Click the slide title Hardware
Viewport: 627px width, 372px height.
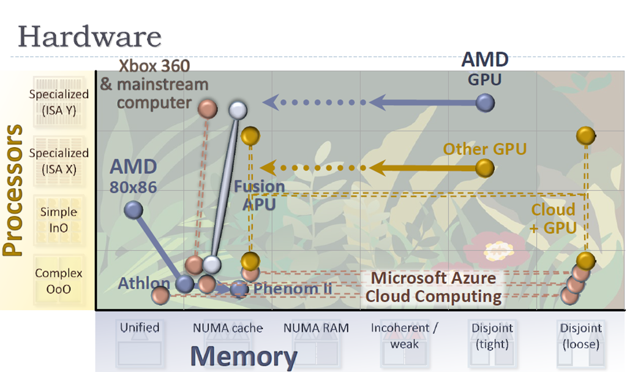(89, 36)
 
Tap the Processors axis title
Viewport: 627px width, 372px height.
(14, 190)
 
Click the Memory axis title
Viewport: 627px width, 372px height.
(243, 356)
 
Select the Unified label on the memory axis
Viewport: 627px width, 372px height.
(140, 327)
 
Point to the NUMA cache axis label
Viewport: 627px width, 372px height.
(228, 328)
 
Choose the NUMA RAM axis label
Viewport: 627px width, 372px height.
(316, 328)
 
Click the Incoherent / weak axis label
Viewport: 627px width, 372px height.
(404, 335)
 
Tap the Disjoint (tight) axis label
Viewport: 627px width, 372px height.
(492, 335)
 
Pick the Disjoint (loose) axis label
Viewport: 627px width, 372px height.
(580, 335)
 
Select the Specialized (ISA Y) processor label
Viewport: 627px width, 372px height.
(59, 102)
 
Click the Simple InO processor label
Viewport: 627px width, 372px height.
(59, 219)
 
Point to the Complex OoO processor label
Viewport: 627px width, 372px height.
(59, 280)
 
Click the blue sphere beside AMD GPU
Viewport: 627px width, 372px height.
(486, 103)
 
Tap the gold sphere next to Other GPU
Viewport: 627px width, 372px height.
(484, 167)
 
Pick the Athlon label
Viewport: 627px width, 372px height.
(143, 284)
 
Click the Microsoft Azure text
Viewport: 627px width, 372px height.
(434, 278)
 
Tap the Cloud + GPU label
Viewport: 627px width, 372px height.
(553, 218)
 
